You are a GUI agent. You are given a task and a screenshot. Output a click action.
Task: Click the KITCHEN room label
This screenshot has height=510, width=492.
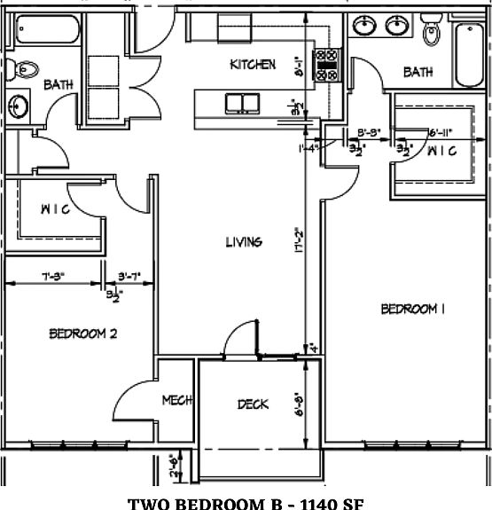pyautogui.click(x=253, y=65)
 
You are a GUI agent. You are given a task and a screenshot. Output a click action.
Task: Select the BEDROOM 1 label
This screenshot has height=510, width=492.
pyautogui.click(x=412, y=309)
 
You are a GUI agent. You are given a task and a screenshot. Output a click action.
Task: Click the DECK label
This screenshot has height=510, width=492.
pyautogui.click(x=253, y=404)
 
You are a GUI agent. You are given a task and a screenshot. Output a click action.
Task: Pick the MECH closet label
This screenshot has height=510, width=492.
pyautogui.click(x=177, y=401)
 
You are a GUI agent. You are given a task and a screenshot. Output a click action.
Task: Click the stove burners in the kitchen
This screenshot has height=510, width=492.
pyautogui.click(x=328, y=64)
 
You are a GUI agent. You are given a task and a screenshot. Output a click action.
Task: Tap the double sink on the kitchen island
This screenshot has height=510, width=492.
pyautogui.click(x=241, y=103)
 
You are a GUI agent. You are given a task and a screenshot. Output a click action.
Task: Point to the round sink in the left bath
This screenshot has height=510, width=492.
pyautogui.click(x=17, y=106)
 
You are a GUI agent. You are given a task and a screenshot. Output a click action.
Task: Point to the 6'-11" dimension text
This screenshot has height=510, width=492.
pyautogui.click(x=440, y=133)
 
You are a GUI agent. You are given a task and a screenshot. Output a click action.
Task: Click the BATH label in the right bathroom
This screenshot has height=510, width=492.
pyautogui.click(x=418, y=72)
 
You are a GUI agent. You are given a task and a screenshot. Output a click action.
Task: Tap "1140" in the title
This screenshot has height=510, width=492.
pyautogui.click(x=311, y=503)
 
